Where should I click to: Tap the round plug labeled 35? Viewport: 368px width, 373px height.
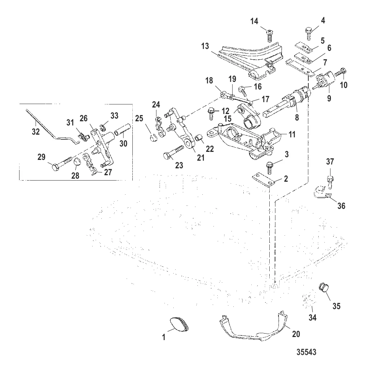(324, 287)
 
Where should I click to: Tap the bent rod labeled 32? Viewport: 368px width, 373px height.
(50, 126)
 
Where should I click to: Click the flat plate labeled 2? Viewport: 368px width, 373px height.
(264, 179)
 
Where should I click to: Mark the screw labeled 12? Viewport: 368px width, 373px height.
(212, 113)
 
